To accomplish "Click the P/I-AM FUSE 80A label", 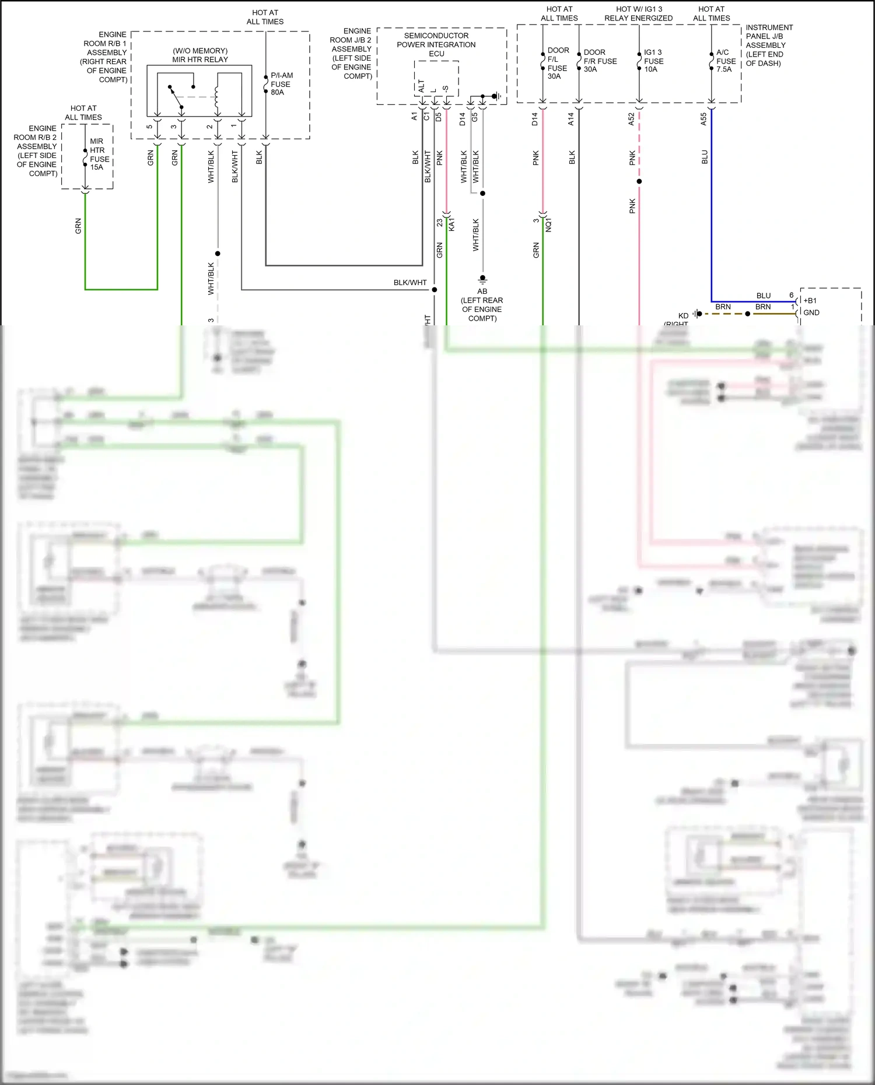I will (x=281, y=84).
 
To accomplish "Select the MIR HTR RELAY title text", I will (x=200, y=55).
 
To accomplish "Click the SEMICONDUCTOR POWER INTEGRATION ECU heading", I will (x=436, y=44).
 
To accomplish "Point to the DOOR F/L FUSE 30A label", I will (x=558, y=64).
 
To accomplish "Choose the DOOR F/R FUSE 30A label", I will (x=600, y=61).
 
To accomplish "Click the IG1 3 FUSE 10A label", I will (x=653, y=61).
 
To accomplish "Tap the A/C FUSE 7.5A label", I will (x=726, y=61).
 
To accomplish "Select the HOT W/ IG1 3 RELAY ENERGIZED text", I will (x=639, y=13).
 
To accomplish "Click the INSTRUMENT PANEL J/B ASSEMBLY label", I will (x=769, y=45).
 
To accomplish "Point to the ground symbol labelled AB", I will (x=482, y=279).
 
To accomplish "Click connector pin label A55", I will (x=703, y=120).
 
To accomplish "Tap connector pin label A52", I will (x=631, y=120).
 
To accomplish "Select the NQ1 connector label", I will (x=548, y=225).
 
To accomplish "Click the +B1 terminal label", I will (x=810, y=300).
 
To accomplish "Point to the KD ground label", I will (x=683, y=315).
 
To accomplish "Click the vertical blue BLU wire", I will (x=711, y=204).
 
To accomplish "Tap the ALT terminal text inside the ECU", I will (x=421, y=86).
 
